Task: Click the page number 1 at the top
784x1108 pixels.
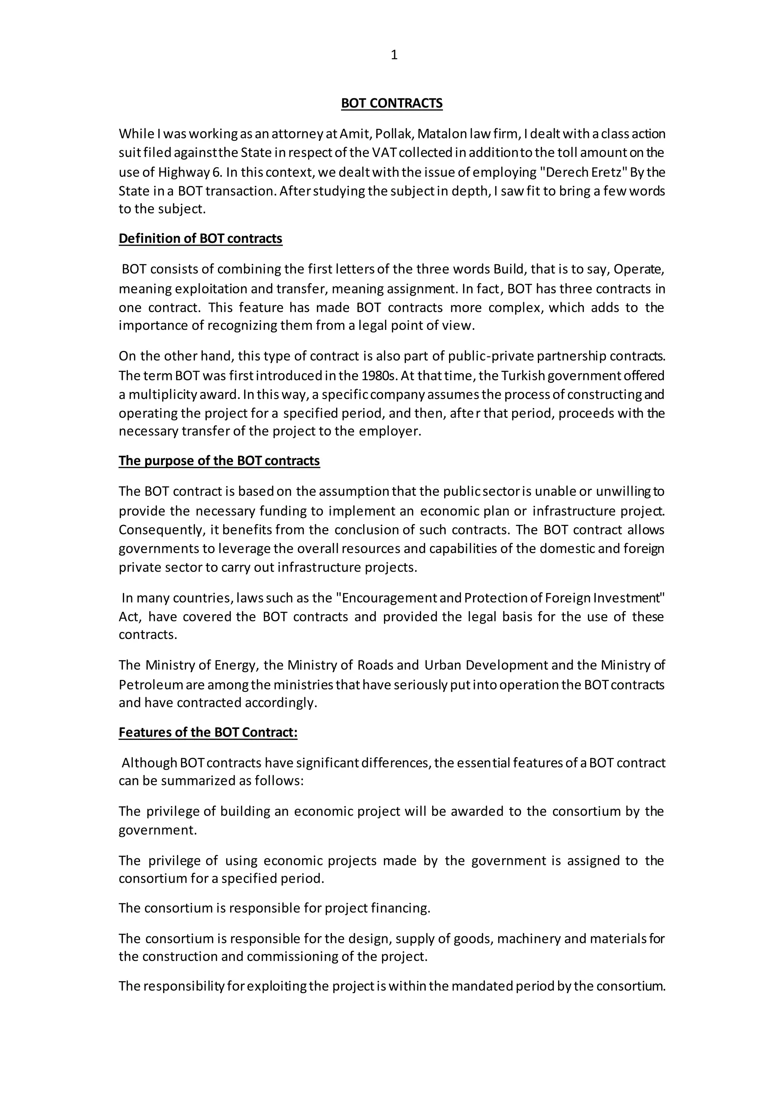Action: click(x=394, y=55)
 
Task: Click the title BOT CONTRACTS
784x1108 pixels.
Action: click(x=392, y=103)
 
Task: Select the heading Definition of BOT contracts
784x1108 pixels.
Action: click(x=200, y=238)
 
